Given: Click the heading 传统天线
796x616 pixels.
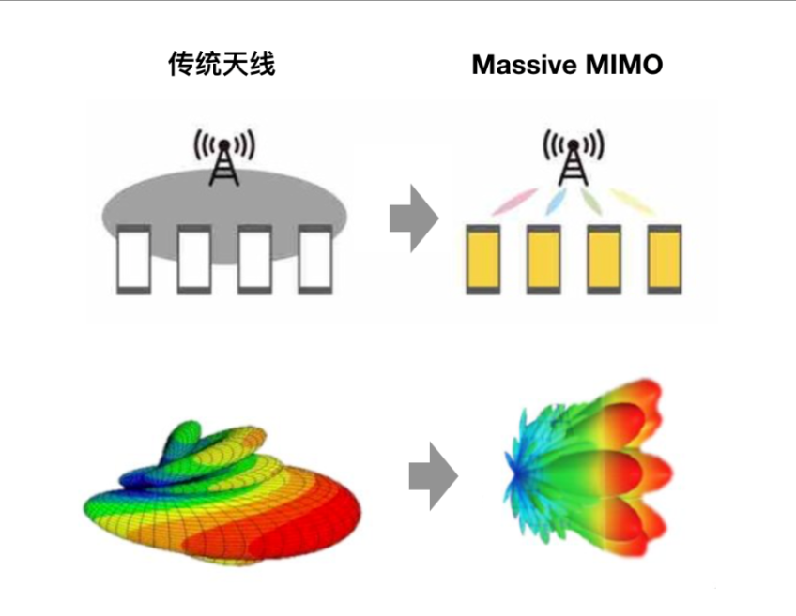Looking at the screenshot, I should tap(222, 65).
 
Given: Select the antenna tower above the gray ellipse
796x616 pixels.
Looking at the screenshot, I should tap(223, 158).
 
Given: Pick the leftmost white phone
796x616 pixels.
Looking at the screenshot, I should tap(132, 260).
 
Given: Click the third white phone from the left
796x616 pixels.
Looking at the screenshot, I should tap(253, 260).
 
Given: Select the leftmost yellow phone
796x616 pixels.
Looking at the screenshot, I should tap(482, 260).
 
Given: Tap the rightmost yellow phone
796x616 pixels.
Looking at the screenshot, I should tap(664, 260).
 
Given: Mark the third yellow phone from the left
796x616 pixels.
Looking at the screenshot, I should tap(603, 260).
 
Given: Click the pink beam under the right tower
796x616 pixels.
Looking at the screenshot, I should tap(514, 200).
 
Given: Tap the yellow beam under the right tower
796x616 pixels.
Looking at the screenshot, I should tap(629, 199).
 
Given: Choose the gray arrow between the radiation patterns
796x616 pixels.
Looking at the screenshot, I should tap(432, 477).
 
